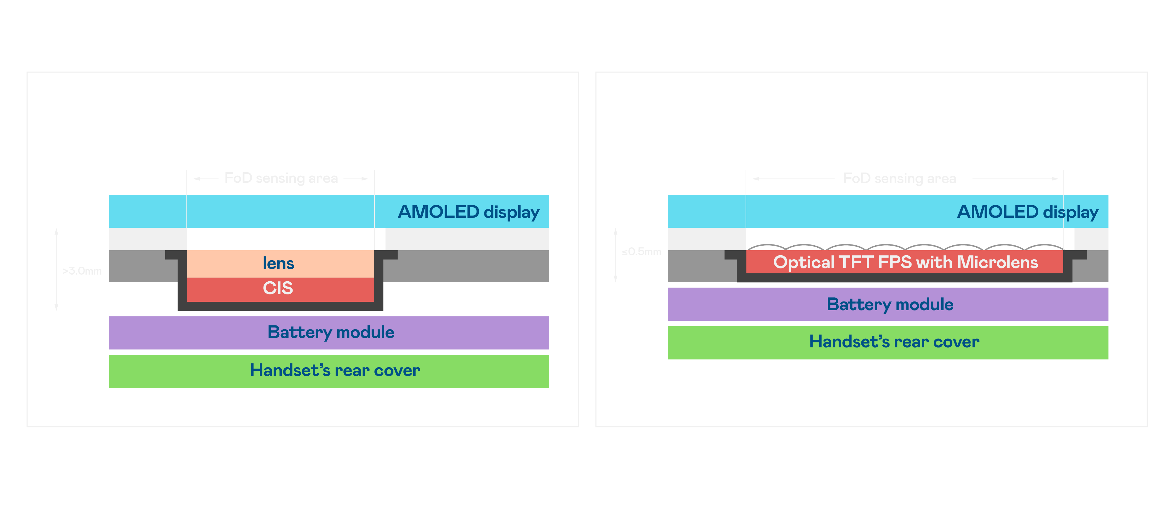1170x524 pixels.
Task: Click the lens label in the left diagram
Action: [278, 263]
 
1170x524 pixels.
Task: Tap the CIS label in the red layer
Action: [278, 288]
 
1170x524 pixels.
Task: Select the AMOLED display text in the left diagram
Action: [468, 212]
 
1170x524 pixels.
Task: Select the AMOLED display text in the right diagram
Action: [1027, 212]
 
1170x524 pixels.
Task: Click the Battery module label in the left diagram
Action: [331, 332]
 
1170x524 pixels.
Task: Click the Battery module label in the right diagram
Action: [890, 304]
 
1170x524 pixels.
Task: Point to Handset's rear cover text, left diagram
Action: [335, 370]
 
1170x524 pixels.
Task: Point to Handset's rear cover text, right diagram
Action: [894, 342]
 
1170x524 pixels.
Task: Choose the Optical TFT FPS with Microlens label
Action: [905, 263]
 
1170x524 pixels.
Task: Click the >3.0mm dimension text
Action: [82, 271]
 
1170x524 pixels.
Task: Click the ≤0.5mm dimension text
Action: [641, 251]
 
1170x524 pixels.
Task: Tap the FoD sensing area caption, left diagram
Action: [281, 178]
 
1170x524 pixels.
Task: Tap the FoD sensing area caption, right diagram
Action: [899, 178]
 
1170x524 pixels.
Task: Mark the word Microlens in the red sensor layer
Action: [997, 263]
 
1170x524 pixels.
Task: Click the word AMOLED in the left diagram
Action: [438, 212]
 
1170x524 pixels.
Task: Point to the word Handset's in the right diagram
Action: [849, 342]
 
